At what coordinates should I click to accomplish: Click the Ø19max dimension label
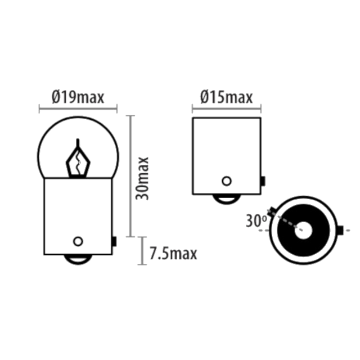point(78,97)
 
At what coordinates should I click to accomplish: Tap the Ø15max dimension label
point(226,97)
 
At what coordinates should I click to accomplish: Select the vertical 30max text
point(142,178)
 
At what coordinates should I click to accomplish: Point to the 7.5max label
point(173,254)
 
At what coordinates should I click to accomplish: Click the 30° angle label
point(256,221)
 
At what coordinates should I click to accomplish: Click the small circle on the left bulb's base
point(78,241)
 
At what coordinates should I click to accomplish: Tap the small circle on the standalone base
point(227,181)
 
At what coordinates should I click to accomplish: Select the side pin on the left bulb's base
point(114,241)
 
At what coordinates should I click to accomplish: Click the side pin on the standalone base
point(263,181)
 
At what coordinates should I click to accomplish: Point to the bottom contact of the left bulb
point(78,259)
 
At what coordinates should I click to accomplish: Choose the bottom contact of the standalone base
point(227,199)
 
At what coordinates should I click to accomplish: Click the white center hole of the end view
point(303,230)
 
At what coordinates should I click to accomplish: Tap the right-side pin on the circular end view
point(340,230)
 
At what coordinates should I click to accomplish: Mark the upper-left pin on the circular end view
point(272,211)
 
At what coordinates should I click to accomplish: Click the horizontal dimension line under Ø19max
point(78,109)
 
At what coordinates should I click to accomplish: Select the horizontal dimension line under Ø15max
point(227,109)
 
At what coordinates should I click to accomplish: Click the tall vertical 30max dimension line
point(130,176)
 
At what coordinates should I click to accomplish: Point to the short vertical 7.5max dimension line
point(142,251)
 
